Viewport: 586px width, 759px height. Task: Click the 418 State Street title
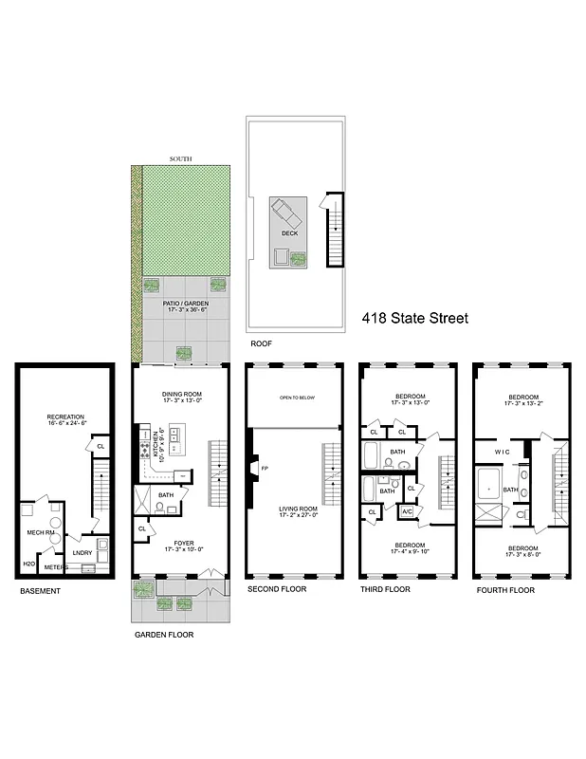click(x=416, y=319)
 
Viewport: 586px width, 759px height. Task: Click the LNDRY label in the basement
click(x=82, y=553)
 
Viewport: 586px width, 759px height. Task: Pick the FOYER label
click(x=179, y=543)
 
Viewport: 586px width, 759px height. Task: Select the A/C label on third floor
click(x=407, y=511)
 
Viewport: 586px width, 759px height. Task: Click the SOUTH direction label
click(x=179, y=158)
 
